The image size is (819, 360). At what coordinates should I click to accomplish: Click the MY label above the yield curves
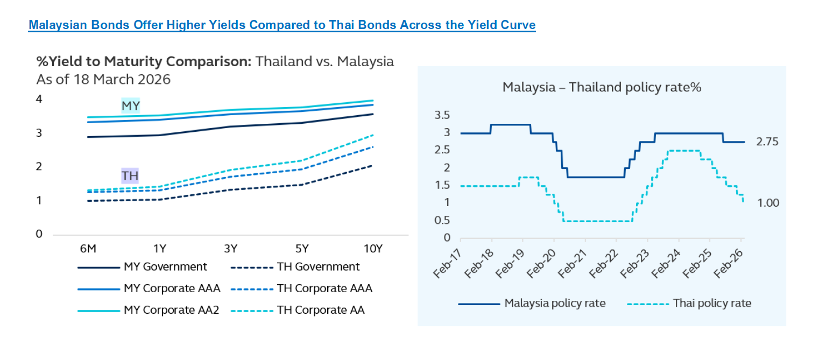coord(130,106)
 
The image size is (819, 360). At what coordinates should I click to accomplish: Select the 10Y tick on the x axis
coord(372,249)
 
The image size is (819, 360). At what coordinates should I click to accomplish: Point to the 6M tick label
coord(88,249)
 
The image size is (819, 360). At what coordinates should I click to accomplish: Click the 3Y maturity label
coord(230,249)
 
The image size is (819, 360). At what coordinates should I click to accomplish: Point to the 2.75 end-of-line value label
coord(767,142)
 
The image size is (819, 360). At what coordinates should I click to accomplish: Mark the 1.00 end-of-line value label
coord(767,203)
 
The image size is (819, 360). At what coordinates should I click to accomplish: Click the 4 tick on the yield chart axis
coord(39,99)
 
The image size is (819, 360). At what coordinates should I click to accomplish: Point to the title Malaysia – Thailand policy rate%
coord(602,87)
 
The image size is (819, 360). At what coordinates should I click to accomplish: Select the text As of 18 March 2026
coord(103,80)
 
